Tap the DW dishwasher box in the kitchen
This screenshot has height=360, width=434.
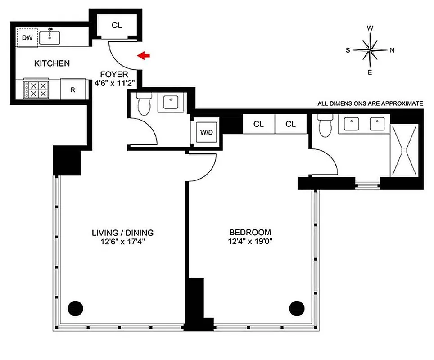point(27,38)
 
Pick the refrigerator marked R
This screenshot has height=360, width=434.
point(72,89)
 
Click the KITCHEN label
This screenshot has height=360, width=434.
point(52,63)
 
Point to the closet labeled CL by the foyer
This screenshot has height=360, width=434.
point(117,26)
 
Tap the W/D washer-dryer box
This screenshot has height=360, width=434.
point(206,133)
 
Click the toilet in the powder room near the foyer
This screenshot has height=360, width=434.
point(144,103)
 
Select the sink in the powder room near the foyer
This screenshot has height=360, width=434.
point(171,103)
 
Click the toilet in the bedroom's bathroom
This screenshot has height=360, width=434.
point(324,125)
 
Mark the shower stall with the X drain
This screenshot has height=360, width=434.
point(404,150)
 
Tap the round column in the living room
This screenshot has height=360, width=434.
point(75,308)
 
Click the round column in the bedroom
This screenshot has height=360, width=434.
point(297,308)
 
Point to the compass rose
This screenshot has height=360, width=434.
point(370,49)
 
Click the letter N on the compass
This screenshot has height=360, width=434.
point(392,50)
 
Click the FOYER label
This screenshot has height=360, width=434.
point(114,75)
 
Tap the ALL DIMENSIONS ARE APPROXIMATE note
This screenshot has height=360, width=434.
point(370,103)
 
